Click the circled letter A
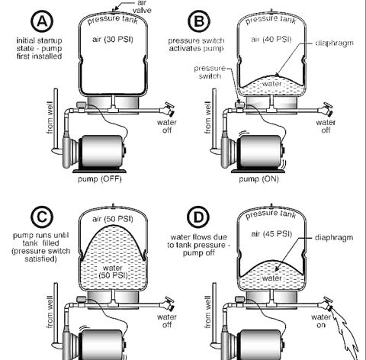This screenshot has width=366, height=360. (x=42, y=21)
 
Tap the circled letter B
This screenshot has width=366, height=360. (x=199, y=21)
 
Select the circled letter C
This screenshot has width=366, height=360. (x=42, y=217)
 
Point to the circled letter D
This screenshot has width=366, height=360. (x=198, y=217)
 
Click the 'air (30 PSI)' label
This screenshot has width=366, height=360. (x=113, y=40)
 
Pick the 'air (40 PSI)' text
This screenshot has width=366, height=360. (x=271, y=40)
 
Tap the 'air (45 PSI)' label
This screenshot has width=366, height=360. (x=271, y=234)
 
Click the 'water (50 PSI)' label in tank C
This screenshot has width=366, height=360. (x=113, y=272)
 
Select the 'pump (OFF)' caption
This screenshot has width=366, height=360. (x=100, y=179)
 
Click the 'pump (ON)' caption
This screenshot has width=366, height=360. (x=258, y=179)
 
